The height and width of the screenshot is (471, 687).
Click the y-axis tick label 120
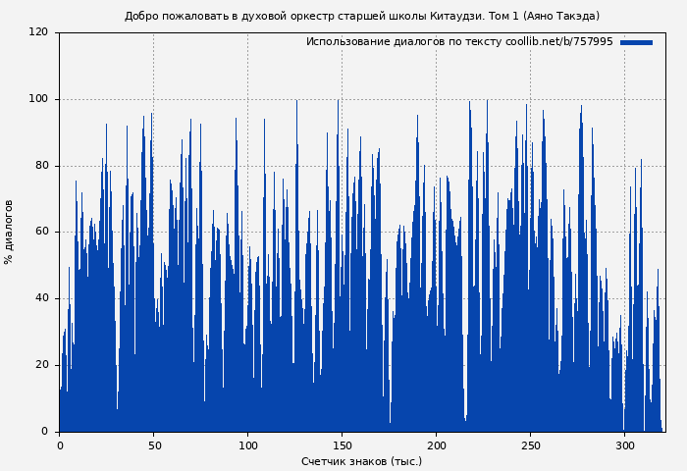(38, 32)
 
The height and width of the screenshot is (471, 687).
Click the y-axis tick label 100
(38, 99)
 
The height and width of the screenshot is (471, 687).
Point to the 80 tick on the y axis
(41, 166)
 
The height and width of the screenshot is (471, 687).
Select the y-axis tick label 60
(41, 233)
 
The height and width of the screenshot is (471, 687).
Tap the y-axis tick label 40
(41, 298)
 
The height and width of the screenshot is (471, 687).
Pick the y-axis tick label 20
(41, 365)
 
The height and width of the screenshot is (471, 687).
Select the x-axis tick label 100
(247, 445)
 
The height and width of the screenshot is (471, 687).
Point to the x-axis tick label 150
(342, 445)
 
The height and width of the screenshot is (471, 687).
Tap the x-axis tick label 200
(436, 445)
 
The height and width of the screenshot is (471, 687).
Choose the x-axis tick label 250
(530, 445)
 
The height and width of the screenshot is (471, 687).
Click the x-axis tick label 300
(624, 445)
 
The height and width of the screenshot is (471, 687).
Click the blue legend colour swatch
(636, 42)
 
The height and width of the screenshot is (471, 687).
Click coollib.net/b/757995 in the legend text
(558, 42)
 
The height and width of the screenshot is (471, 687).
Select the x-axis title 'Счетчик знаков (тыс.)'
(361, 461)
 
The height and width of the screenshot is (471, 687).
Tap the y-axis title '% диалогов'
(10, 232)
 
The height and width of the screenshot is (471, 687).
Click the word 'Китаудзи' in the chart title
(454, 16)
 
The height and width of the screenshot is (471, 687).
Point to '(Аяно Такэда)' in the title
(561, 16)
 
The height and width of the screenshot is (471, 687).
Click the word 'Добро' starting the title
(141, 16)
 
